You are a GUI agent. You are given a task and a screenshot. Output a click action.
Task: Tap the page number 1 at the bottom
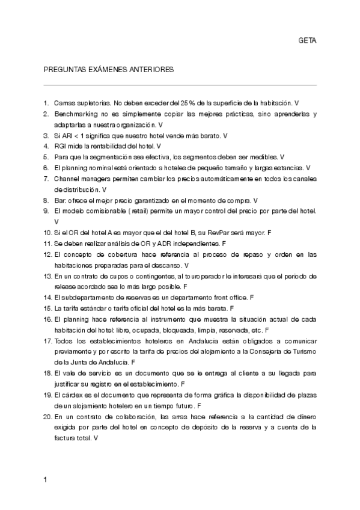(46, 479)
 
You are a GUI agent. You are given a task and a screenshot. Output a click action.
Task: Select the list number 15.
(47, 309)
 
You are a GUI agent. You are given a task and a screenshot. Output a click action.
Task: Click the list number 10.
(47, 233)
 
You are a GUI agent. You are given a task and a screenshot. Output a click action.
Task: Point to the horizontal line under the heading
(180, 85)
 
